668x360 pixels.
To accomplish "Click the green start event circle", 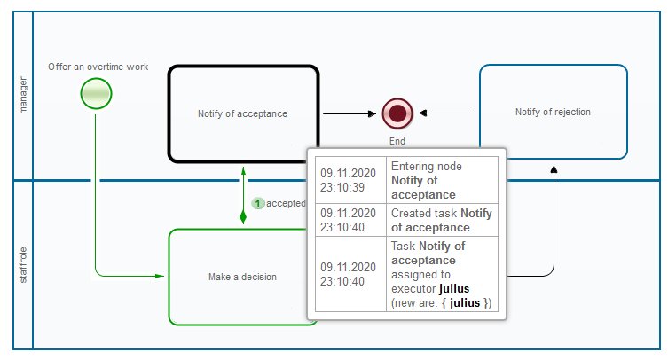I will [x=96, y=93].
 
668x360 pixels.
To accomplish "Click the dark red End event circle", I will [x=397, y=113].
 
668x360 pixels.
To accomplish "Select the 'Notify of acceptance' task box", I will [x=243, y=113].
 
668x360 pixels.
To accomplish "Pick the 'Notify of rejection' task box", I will [x=553, y=112].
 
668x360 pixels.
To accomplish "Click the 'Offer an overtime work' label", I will [x=98, y=67].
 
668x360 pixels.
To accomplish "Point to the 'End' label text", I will [x=397, y=140].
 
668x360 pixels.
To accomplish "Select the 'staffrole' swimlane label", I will [x=23, y=266].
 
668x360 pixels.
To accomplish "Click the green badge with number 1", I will [x=258, y=203].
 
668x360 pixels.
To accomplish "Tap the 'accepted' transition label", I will [x=286, y=203].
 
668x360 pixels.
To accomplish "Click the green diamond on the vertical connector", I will [x=243, y=215].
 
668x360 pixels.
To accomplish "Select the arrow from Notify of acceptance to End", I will [x=350, y=113].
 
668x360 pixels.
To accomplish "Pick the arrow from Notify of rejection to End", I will [x=448, y=113].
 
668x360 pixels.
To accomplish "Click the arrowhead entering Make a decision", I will [x=161, y=277].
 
